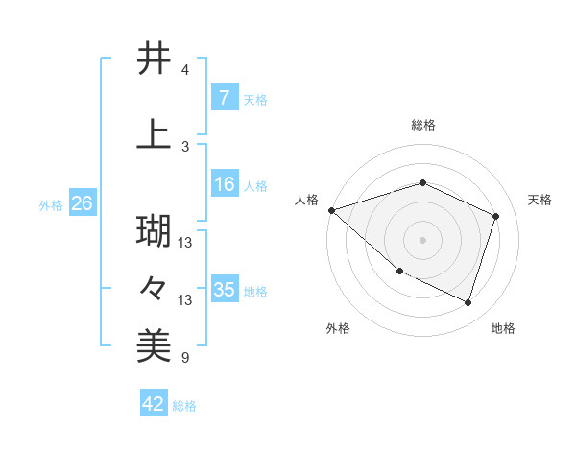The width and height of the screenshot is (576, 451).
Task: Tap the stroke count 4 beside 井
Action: (185, 70)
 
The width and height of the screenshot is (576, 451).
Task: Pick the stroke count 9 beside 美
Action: (185, 359)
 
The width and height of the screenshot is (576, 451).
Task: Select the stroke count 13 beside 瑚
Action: (186, 243)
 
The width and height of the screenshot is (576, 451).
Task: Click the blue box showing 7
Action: (224, 98)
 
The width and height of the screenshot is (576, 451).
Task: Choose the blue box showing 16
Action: (224, 184)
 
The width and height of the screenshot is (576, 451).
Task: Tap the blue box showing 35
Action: (225, 290)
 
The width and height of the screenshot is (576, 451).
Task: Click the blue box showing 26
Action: (82, 203)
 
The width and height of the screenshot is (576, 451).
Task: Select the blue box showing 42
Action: (154, 404)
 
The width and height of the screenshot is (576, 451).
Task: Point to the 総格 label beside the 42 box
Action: (184, 406)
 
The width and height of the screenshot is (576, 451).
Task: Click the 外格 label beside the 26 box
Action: (51, 204)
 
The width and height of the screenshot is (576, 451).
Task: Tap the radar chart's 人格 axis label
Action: (307, 200)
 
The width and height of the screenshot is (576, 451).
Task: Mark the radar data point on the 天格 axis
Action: (495, 217)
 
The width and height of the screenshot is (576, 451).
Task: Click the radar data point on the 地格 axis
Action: (468, 303)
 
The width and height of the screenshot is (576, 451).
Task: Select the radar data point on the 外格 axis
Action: (399, 272)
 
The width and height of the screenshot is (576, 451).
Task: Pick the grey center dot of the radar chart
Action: (422, 239)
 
